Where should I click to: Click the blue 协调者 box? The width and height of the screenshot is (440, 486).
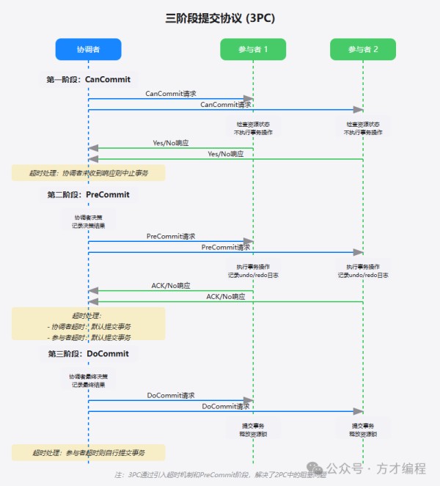(x=88, y=49)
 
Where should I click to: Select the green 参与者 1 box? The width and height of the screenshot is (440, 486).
(x=253, y=49)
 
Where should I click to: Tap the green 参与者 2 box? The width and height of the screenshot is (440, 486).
(x=363, y=49)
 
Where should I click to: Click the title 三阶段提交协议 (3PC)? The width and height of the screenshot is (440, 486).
(x=220, y=18)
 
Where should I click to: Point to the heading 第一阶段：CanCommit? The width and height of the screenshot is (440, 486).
(x=88, y=78)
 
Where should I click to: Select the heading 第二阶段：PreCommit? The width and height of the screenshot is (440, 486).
(x=88, y=194)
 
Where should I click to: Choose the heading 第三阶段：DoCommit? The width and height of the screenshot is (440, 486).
(x=88, y=353)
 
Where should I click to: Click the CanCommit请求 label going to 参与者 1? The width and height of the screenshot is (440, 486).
(x=171, y=94)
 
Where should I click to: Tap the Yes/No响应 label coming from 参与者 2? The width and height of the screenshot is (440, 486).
(x=226, y=154)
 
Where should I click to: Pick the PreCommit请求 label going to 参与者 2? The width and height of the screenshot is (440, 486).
(x=226, y=248)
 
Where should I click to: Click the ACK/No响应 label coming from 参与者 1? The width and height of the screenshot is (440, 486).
(x=171, y=285)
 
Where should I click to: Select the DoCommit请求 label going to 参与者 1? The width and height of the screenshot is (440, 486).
(x=171, y=395)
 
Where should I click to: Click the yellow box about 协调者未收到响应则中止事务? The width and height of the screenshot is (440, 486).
(x=88, y=173)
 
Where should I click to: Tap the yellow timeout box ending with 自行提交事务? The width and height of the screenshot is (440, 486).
(x=88, y=452)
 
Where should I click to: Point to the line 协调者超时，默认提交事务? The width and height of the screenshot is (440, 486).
(x=89, y=326)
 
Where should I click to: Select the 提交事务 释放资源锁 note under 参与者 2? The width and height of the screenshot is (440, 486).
(x=363, y=430)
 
